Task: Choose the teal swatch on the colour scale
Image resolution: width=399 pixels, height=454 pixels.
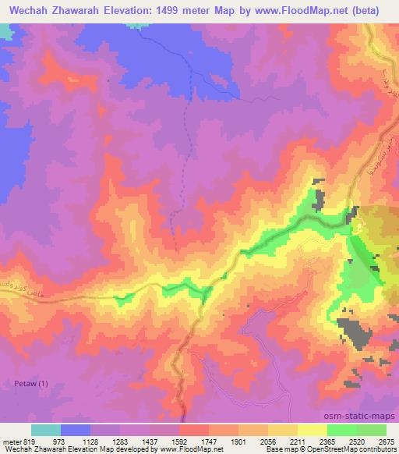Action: pyautogui.click(x=45, y=430)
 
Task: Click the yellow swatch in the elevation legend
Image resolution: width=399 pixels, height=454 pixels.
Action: pyautogui.click(x=312, y=430)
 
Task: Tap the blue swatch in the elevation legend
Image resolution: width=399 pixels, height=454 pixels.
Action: pyautogui.click(x=75, y=430)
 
